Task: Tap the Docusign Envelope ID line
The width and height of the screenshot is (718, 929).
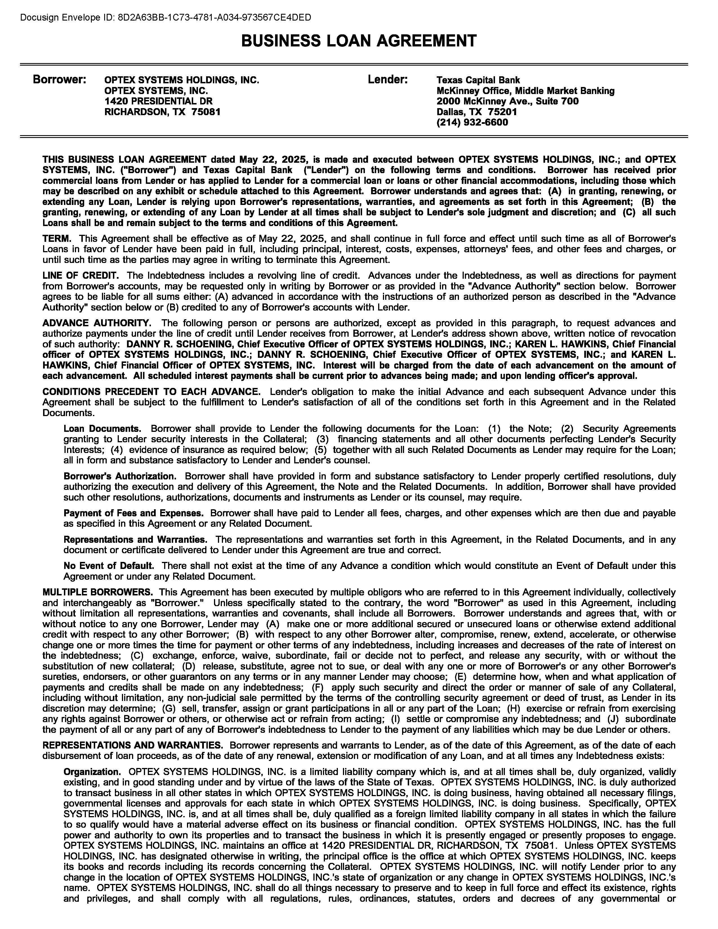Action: [166, 17]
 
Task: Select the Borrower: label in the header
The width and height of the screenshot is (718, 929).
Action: [59, 80]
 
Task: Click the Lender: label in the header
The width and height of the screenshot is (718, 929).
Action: [387, 80]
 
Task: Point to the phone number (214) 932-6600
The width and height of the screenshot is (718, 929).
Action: [472, 122]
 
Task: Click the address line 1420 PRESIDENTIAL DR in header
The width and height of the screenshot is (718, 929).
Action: [158, 101]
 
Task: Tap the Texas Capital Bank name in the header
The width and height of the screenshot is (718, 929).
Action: [478, 80]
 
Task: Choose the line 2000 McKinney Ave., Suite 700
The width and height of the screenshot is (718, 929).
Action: [507, 101]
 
